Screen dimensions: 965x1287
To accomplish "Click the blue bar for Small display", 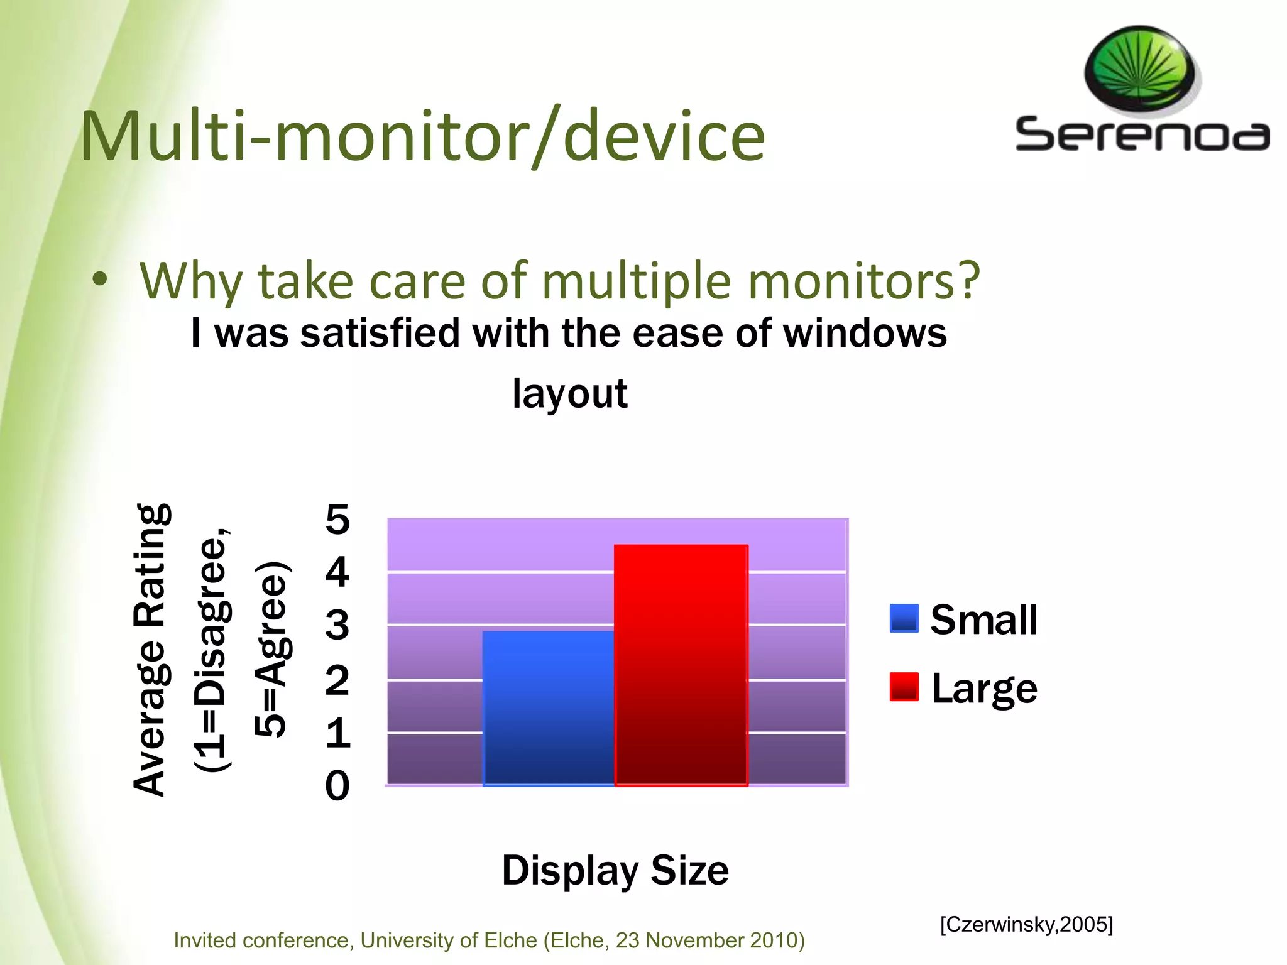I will tap(548, 708).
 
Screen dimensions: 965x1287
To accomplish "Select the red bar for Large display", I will tap(681, 665).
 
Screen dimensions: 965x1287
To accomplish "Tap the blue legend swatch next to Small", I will tap(904, 618).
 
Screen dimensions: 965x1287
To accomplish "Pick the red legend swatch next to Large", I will tap(904, 686).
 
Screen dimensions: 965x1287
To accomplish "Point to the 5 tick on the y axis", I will tap(337, 520).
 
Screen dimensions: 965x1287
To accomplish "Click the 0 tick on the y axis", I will tap(337, 785).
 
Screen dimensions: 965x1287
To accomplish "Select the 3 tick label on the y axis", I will tap(337, 625).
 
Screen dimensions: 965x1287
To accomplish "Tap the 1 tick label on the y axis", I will tap(337, 733).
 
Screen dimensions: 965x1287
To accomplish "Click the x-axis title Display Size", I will tap(615, 870).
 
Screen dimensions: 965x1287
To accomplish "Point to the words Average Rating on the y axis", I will tap(151, 650).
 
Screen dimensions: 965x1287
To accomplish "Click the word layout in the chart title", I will tap(569, 393).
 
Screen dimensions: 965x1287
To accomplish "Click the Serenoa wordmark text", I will tap(1142, 134).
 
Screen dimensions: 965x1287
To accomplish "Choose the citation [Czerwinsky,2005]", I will tap(1026, 924).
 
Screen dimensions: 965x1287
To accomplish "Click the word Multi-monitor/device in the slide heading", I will tap(422, 136).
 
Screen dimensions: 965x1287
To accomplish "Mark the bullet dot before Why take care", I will tap(99, 281).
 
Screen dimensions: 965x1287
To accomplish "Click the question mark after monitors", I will tap(968, 280).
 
